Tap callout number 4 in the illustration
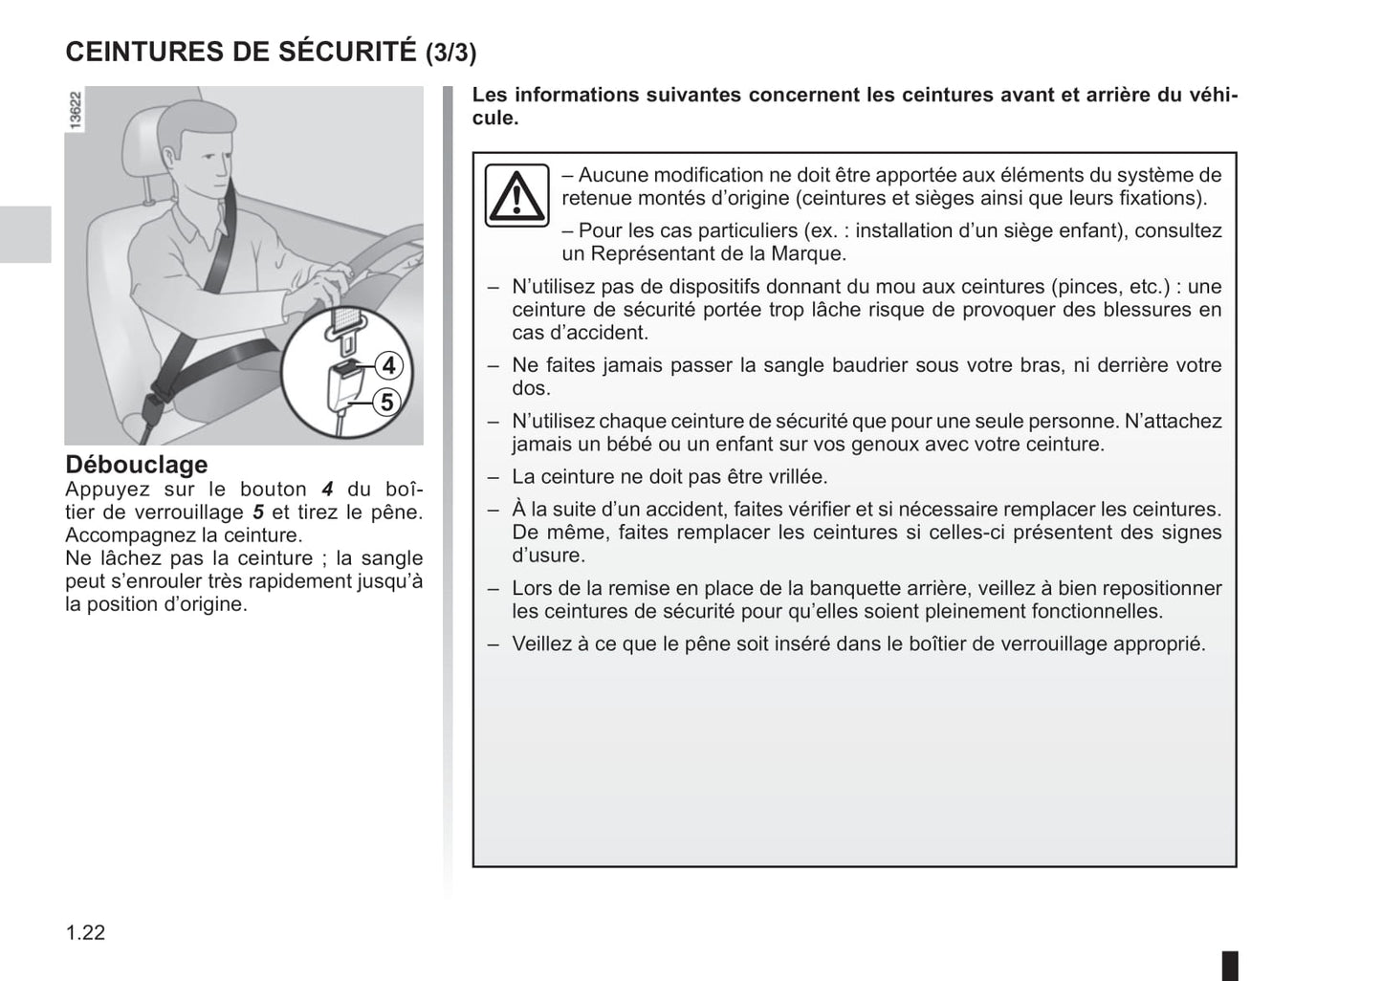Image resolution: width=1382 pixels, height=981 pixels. click(x=387, y=366)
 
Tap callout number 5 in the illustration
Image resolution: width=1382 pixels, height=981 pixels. click(x=387, y=403)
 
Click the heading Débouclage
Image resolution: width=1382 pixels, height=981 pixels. click(x=136, y=465)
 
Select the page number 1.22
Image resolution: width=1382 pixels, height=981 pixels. click(x=85, y=933)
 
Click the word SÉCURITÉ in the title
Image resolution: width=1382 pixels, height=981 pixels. click(x=346, y=52)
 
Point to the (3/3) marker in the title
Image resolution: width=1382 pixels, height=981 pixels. click(x=450, y=53)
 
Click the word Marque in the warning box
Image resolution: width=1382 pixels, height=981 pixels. click(x=810, y=254)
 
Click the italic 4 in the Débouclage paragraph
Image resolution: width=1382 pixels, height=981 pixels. click(x=327, y=490)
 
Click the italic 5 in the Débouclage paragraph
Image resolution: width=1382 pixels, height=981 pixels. click(x=258, y=512)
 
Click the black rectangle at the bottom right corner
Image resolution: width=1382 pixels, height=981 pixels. click(x=1230, y=965)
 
